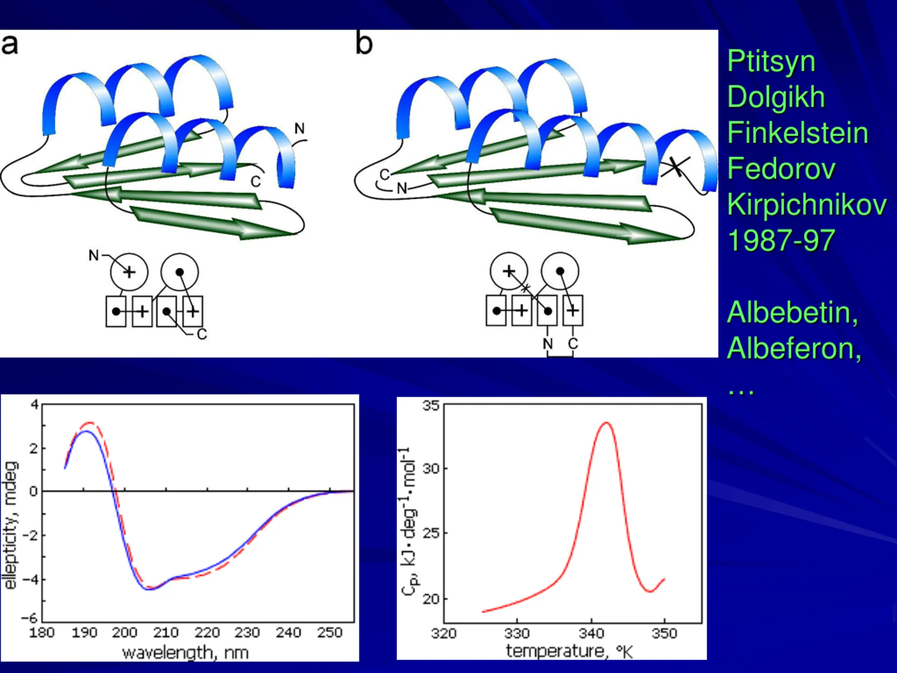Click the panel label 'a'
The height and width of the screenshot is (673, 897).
click(10, 45)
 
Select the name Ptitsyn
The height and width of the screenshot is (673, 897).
click(771, 62)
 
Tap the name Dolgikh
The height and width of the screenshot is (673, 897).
click(776, 97)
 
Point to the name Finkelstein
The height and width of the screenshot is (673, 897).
click(797, 133)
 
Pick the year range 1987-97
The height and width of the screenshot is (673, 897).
click(781, 240)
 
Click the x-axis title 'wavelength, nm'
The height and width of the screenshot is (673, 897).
click(185, 653)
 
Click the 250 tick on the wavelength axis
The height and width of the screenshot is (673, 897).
click(329, 633)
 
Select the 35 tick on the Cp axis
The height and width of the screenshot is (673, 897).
click(431, 405)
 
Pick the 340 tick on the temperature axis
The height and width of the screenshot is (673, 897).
click(591, 634)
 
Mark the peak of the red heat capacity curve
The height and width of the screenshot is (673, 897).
click(607, 423)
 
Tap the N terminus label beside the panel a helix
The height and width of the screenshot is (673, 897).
click(299, 129)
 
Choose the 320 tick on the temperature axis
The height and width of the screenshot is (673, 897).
click(444, 634)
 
